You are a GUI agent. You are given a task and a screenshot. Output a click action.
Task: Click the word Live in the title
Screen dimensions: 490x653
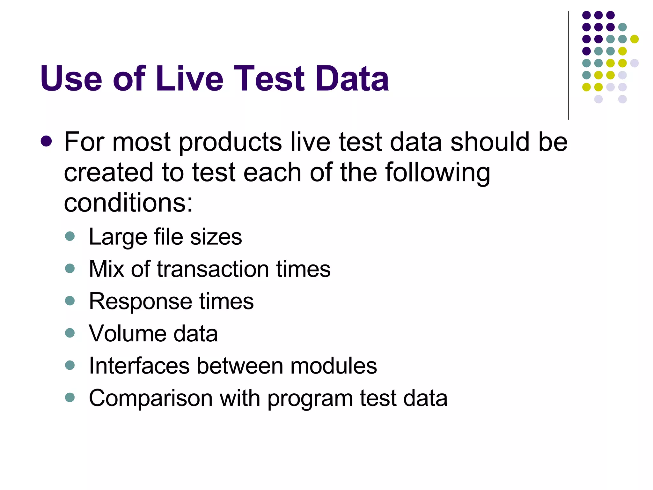[x=190, y=78]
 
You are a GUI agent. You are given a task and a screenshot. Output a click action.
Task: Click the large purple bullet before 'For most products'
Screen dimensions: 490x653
[x=46, y=141]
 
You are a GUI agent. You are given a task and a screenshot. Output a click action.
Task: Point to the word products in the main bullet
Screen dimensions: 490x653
[x=230, y=142]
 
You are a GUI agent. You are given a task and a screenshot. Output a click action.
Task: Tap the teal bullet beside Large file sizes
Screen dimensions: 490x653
[x=70, y=236]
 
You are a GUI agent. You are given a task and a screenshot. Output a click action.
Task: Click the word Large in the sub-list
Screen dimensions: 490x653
[x=118, y=237]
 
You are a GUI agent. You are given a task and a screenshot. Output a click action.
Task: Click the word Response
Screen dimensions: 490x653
[x=140, y=301]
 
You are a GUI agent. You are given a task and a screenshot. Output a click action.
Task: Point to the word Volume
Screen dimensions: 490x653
[x=127, y=333]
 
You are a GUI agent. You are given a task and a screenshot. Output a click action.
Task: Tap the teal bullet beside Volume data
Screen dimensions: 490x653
[x=70, y=333]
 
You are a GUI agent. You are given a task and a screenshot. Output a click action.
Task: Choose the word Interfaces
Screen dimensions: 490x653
[x=139, y=366]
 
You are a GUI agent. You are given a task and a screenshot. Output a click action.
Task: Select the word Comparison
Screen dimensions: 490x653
[x=150, y=398]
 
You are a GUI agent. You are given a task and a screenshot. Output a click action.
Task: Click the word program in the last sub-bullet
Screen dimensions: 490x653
[x=310, y=399]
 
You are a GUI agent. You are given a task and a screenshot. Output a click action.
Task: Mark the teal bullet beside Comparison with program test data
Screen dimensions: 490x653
[x=70, y=397]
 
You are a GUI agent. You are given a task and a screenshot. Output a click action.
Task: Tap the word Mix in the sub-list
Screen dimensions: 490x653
[x=106, y=269]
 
